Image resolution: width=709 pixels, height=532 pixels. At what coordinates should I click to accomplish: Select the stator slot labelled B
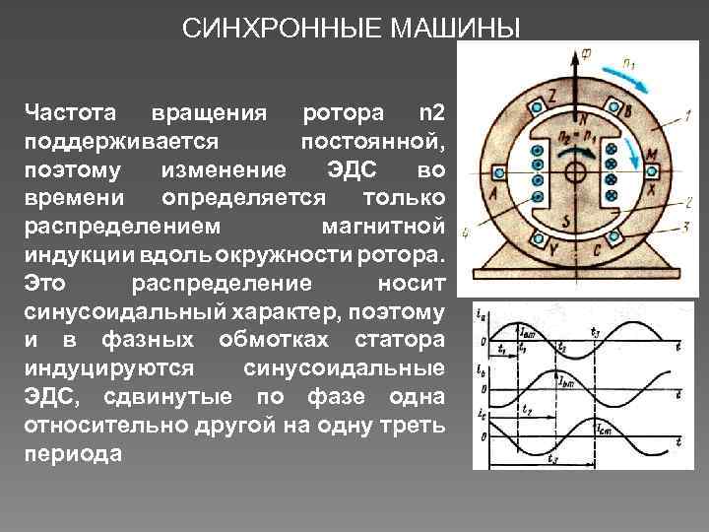(615, 108)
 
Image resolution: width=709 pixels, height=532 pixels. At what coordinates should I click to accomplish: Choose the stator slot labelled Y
(538, 237)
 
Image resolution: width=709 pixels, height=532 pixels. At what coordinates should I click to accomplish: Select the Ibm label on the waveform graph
(591, 383)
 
